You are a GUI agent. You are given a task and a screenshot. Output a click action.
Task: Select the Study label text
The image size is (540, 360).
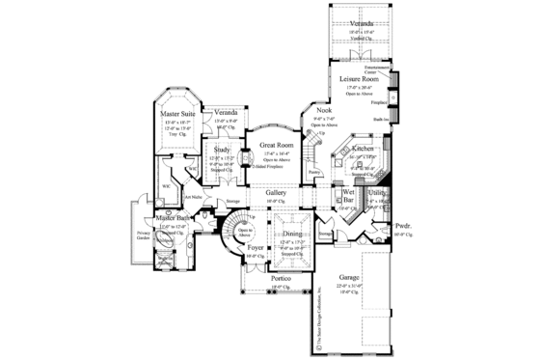pos(222,150)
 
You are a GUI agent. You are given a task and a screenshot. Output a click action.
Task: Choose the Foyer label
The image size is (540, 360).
pos(256,248)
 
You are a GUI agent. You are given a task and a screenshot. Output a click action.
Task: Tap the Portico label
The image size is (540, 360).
pos(280,277)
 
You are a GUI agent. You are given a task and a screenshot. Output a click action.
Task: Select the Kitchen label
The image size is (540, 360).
pos(363,149)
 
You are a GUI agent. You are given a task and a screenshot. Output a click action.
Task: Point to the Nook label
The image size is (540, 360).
pos(323,111)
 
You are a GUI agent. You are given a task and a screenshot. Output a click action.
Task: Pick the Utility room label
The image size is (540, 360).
pos(377,194)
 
